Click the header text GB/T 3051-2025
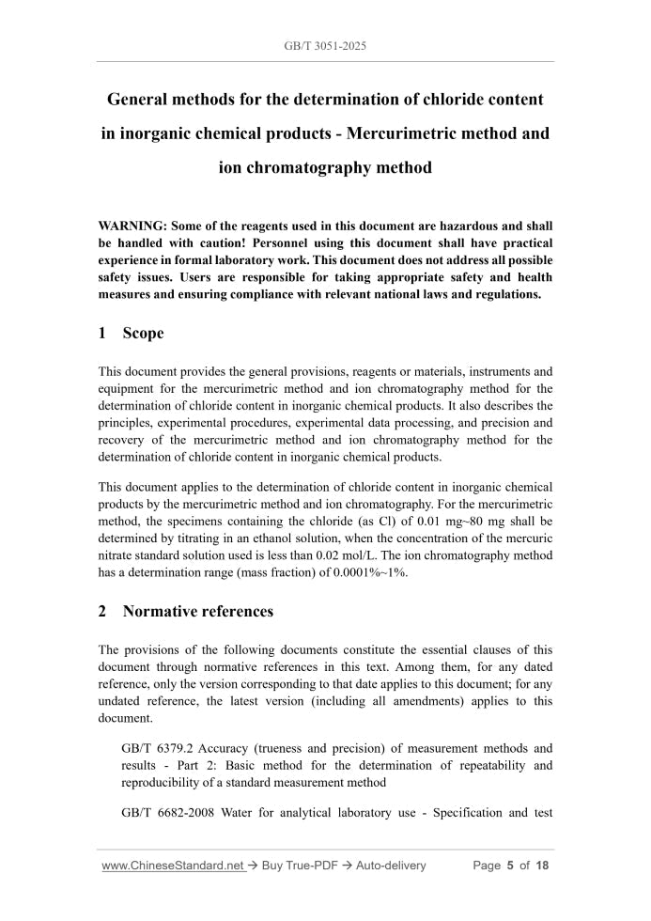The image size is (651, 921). coord(325,45)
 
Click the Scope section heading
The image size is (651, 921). coord(143,334)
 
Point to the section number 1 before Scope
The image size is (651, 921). coord(103,334)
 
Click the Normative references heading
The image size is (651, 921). coord(198,612)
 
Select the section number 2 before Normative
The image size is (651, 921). coord(103,612)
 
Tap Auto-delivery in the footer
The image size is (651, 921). coord(392,866)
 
